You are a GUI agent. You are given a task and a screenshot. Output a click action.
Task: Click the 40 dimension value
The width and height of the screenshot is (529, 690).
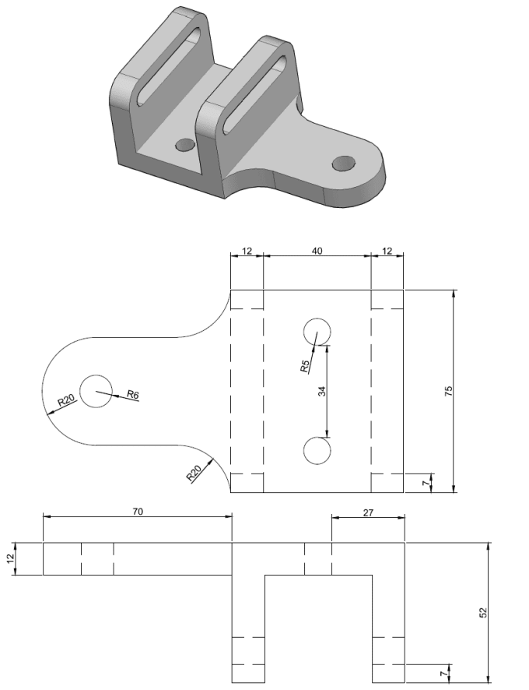[317, 251]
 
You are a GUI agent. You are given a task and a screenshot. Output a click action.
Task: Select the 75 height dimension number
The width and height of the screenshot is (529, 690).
[449, 391]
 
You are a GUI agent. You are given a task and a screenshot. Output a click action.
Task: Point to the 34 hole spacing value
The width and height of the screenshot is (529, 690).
[322, 391]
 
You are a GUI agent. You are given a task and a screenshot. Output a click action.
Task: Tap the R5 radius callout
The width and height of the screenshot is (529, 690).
[306, 366]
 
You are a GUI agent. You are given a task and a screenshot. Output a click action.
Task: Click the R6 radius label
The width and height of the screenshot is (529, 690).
[133, 395]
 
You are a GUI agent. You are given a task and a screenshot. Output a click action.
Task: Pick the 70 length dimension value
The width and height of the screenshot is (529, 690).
[138, 512]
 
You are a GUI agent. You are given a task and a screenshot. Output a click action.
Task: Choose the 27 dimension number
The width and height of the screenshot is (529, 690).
[369, 512]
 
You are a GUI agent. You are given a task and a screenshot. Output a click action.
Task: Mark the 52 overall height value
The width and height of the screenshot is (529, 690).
[483, 613]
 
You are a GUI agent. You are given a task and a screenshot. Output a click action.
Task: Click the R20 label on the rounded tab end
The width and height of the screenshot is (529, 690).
[67, 400]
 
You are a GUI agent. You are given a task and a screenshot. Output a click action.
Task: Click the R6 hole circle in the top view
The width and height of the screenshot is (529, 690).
[96, 391]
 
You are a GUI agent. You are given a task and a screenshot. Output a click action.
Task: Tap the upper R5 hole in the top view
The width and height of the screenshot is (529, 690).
[317, 332]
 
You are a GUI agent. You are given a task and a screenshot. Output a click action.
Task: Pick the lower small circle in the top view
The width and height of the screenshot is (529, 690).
[317, 451]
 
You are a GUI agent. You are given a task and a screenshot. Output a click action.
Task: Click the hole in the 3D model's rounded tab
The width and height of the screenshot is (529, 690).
[344, 164]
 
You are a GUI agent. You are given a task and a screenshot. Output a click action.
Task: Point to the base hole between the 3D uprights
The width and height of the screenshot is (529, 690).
[185, 145]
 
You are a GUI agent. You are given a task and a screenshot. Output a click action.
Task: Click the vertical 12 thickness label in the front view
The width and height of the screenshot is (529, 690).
[11, 558]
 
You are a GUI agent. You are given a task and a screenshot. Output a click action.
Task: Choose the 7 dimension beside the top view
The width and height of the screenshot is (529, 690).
[426, 483]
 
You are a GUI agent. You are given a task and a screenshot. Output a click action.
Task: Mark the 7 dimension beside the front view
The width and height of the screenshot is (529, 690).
[444, 674]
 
